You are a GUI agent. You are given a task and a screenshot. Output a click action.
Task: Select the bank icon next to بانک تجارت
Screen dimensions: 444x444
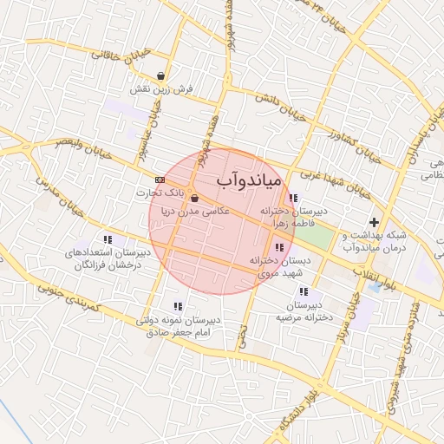(x=159, y=180)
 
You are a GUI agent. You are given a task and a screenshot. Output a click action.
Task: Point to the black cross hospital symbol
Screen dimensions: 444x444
(x=374, y=223)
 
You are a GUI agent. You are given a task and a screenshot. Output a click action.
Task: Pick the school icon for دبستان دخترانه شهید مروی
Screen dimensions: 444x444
(x=277, y=249)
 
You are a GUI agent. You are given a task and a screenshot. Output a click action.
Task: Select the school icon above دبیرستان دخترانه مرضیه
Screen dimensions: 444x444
(x=304, y=292)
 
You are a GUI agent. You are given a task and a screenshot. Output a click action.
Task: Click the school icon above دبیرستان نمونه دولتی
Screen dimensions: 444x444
(x=178, y=306)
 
